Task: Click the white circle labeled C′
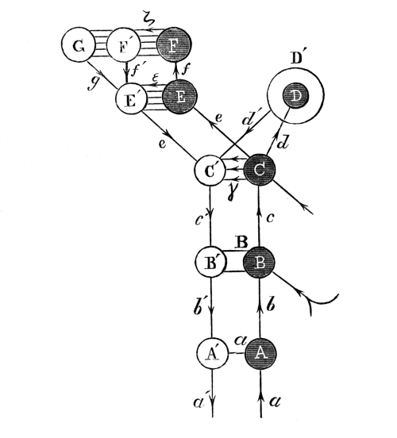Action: (211, 170)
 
